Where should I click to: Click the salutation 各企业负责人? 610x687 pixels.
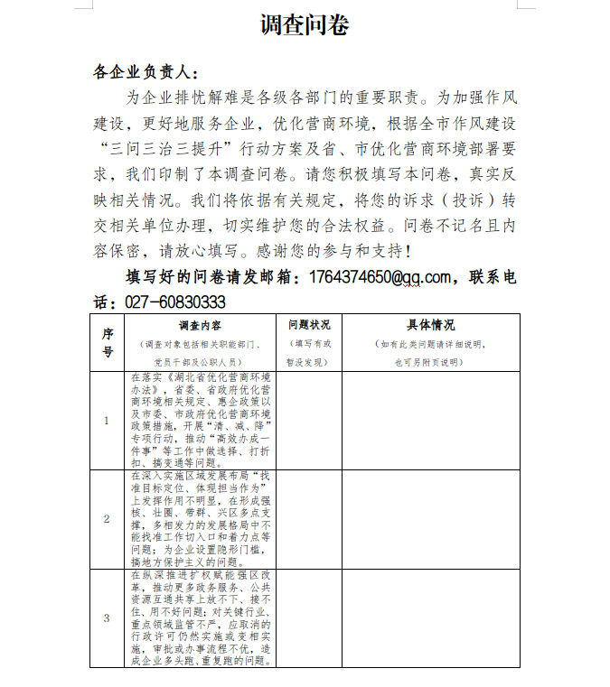coord(145,72)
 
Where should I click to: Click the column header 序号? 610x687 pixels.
coord(108,342)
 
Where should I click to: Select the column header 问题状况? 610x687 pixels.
coord(309,325)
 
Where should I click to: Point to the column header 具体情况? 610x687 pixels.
coord(430,325)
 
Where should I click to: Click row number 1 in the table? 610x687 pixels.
coord(108,421)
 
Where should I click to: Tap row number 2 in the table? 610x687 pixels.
coord(108,519)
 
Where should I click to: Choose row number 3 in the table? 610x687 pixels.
coord(108,617)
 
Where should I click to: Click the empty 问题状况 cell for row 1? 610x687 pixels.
coord(309,421)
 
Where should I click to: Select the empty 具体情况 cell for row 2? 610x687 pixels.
coord(430,519)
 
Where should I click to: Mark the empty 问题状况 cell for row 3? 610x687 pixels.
coord(309,617)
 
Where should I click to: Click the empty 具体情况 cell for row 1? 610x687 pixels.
coord(430,421)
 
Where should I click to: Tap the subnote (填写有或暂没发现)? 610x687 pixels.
coord(309,353)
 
